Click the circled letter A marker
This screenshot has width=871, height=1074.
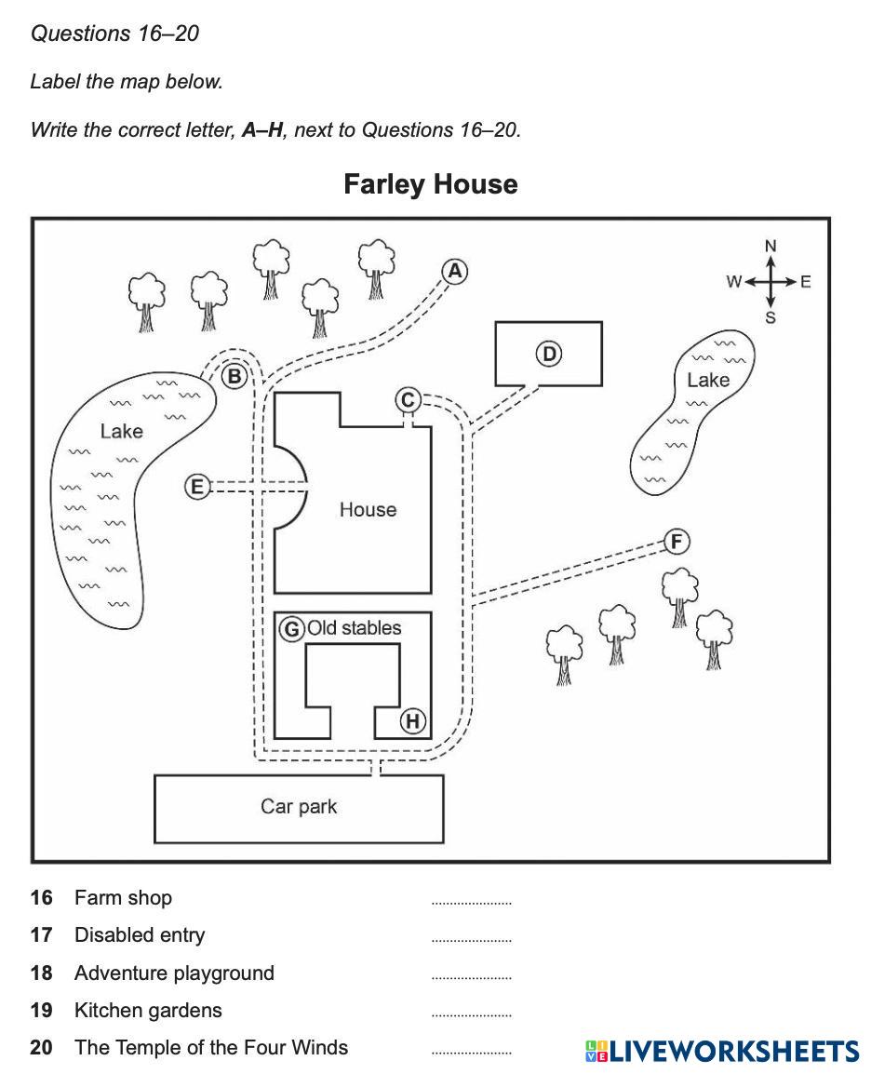tap(454, 271)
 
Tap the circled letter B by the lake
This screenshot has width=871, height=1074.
tap(234, 376)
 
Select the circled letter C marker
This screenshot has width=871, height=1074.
tap(408, 400)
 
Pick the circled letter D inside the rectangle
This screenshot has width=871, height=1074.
tap(549, 354)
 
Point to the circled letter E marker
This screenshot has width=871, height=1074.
tap(197, 486)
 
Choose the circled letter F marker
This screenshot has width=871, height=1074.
tap(677, 542)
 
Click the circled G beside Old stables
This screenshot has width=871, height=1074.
tap(292, 629)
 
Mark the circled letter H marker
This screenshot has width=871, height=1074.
tap(412, 721)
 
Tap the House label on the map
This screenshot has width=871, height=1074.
tap(368, 509)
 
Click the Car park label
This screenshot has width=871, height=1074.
tap(299, 806)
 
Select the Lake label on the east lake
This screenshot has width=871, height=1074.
tap(708, 380)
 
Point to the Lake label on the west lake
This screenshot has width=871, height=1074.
tap(122, 431)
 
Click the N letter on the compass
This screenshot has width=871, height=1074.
tap(770, 246)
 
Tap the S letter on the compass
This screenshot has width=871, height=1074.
tap(770, 318)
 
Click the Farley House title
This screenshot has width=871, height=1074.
tap(431, 183)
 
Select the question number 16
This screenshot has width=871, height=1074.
tap(41, 898)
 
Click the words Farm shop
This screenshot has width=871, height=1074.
tap(123, 898)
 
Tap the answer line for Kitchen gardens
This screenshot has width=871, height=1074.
tap(471, 1014)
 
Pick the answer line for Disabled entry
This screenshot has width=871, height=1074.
tap(471, 940)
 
